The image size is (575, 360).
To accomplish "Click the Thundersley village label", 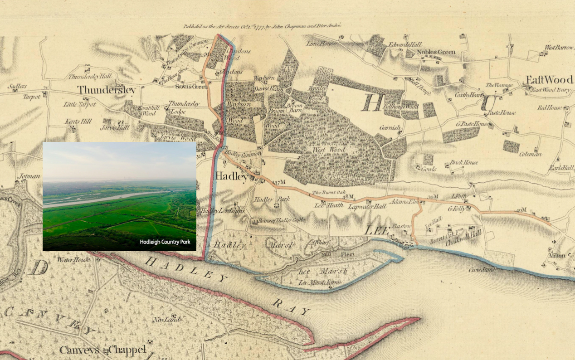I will point(106,90).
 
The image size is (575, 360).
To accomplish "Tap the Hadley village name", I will point(232,176).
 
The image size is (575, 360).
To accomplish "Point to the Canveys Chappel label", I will point(103,350).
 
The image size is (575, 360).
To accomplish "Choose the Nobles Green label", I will point(436,52).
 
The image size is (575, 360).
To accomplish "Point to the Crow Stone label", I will point(481,270).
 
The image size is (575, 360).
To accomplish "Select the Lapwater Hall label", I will point(367,206).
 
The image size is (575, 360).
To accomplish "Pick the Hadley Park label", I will point(265,199).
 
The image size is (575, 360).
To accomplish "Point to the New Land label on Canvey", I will point(164,320).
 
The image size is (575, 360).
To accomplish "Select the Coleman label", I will point(530,154).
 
